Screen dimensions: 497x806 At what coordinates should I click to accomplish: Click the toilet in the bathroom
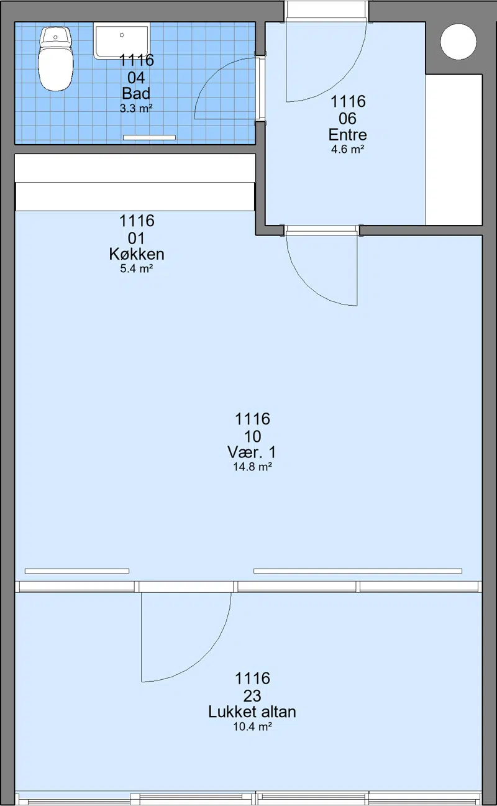[x=55, y=58]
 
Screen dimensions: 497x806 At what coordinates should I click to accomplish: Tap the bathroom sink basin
[x=122, y=40]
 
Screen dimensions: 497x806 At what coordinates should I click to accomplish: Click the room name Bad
[x=136, y=94]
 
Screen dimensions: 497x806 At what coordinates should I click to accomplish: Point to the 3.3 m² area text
[x=136, y=108]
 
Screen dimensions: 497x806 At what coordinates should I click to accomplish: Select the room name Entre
[x=348, y=135]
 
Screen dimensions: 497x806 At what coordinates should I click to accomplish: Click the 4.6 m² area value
[x=348, y=149]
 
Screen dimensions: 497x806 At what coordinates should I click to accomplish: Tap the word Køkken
[x=137, y=254]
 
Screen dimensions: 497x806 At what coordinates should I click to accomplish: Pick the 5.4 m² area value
[x=137, y=268]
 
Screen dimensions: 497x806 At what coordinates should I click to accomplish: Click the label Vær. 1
[x=252, y=452]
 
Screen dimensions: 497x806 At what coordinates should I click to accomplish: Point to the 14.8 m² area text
[x=252, y=467]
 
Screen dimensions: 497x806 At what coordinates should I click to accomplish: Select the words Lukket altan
[x=252, y=712]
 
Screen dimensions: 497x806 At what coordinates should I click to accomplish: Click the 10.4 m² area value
[x=252, y=726]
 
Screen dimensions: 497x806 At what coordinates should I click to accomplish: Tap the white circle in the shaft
[x=458, y=42]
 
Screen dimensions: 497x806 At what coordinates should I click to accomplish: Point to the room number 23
[x=252, y=696]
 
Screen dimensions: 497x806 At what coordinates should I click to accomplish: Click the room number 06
[x=348, y=119]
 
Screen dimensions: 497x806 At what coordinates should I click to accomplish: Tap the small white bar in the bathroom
[x=149, y=137]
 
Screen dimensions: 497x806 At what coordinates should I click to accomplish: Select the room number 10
[x=252, y=436]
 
